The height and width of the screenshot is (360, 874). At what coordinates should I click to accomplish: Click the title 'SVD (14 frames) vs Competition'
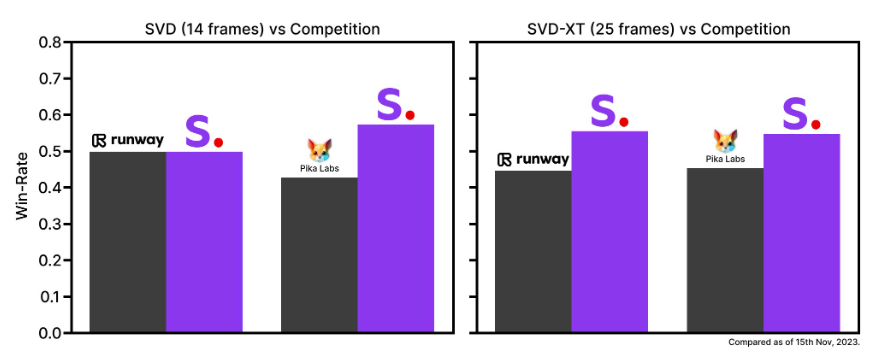click(x=262, y=29)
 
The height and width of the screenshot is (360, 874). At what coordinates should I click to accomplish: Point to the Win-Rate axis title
click(x=21, y=187)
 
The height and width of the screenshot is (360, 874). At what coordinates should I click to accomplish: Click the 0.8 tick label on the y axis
click(x=49, y=43)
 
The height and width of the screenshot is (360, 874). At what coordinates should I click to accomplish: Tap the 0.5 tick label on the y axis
click(x=49, y=152)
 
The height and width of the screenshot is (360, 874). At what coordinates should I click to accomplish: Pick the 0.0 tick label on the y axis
click(x=49, y=332)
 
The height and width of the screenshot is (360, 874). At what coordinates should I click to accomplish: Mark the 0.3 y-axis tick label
click(x=49, y=224)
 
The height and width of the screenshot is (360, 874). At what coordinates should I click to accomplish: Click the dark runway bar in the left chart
click(x=128, y=242)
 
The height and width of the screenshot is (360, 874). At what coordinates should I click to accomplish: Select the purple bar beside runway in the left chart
click(x=204, y=242)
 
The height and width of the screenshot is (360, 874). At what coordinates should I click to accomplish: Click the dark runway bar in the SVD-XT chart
click(x=533, y=251)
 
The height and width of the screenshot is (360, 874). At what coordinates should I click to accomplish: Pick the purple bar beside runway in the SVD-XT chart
click(x=609, y=232)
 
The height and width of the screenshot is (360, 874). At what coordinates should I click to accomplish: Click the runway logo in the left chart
click(x=128, y=141)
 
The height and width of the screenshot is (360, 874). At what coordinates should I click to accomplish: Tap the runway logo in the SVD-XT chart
click(x=533, y=159)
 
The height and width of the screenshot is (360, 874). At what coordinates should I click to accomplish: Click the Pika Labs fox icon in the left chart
click(x=319, y=152)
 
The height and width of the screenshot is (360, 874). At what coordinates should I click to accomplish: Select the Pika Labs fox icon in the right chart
click(x=725, y=142)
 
